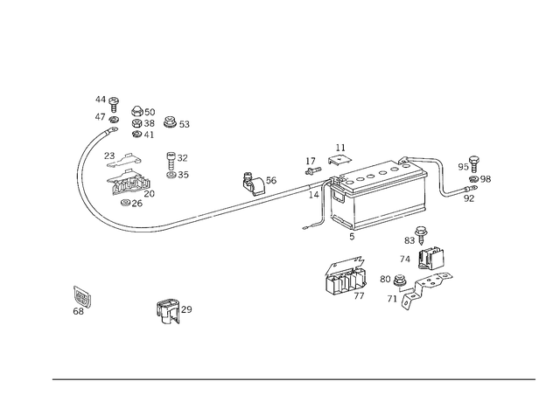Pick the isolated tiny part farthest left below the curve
click(81, 299)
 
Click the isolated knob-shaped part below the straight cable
click(172, 309)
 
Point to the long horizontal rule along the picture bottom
click(293, 378)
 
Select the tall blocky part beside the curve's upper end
click(141, 121)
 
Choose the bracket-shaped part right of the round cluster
click(178, 163)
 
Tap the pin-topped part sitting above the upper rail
click(339, 158)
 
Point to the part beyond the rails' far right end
click(464, 179)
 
